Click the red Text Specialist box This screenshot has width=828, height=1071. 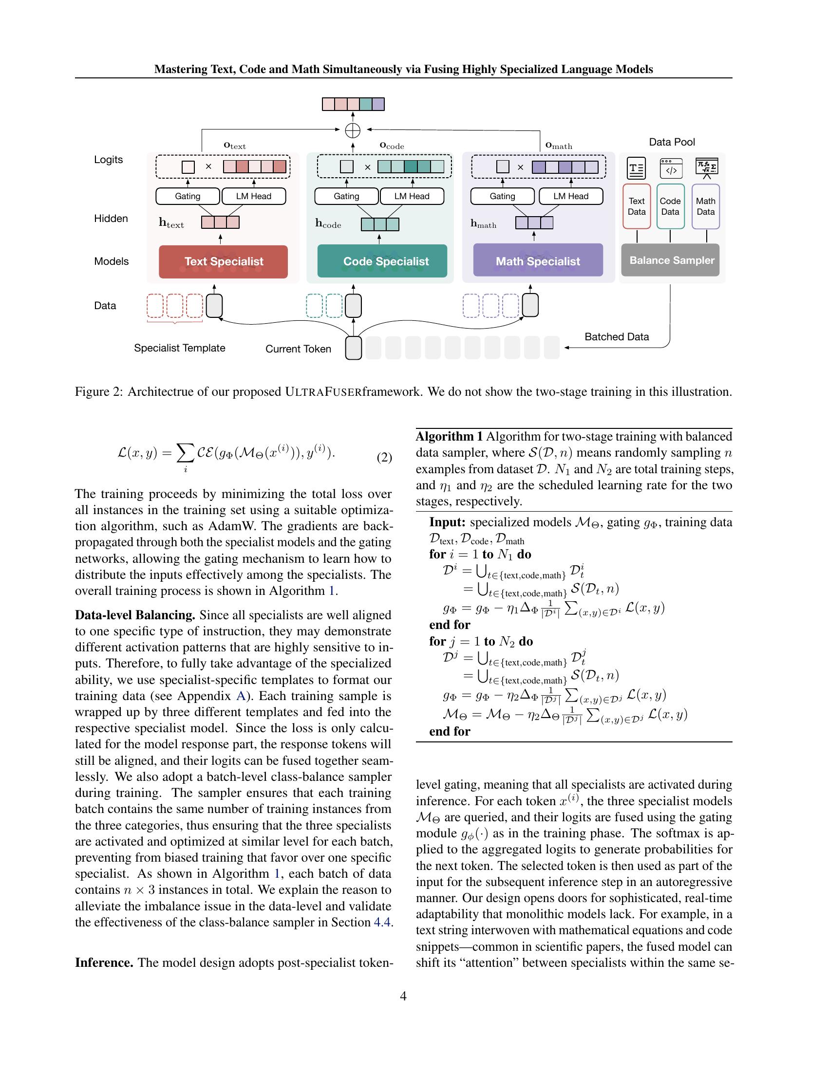pyautogui.click(x=223, y=261)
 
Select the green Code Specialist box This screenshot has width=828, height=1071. pyautogui.click(x=382, y=261)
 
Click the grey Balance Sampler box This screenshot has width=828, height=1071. pyautogui.click(x=671, y=260)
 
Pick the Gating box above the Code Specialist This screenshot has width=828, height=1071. pyautogui.click(x=346, y=196)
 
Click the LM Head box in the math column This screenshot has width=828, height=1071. pyautogui.click(x=570, y=196)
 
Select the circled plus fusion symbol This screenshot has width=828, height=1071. pyautogui.click(x=353, y=130)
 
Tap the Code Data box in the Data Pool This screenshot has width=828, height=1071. pyautogui.click(x=670, y=206)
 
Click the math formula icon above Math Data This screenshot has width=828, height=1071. pyautogui.click(x=707, y=168)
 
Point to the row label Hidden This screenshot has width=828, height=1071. pyautogui.click(x=111, y=219)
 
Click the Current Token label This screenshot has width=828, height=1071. pyautogui.click(x=298, y=349)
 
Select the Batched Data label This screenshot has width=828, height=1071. pyautogui.click(x=617, y=337)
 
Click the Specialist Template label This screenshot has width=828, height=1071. pyautogui.click(x=180, y=348)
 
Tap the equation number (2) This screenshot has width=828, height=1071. pyautogui.click(x=384, y=458)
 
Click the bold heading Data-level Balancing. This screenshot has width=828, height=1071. pyautogui.click(x=135, y=615)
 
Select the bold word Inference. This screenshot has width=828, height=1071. pyautogui.click(x=104, y=962)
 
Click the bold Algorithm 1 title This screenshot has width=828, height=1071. pyautogui.click(x=450, y=437)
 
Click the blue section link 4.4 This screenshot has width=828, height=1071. pyautogui.click(x=382, y=923)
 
